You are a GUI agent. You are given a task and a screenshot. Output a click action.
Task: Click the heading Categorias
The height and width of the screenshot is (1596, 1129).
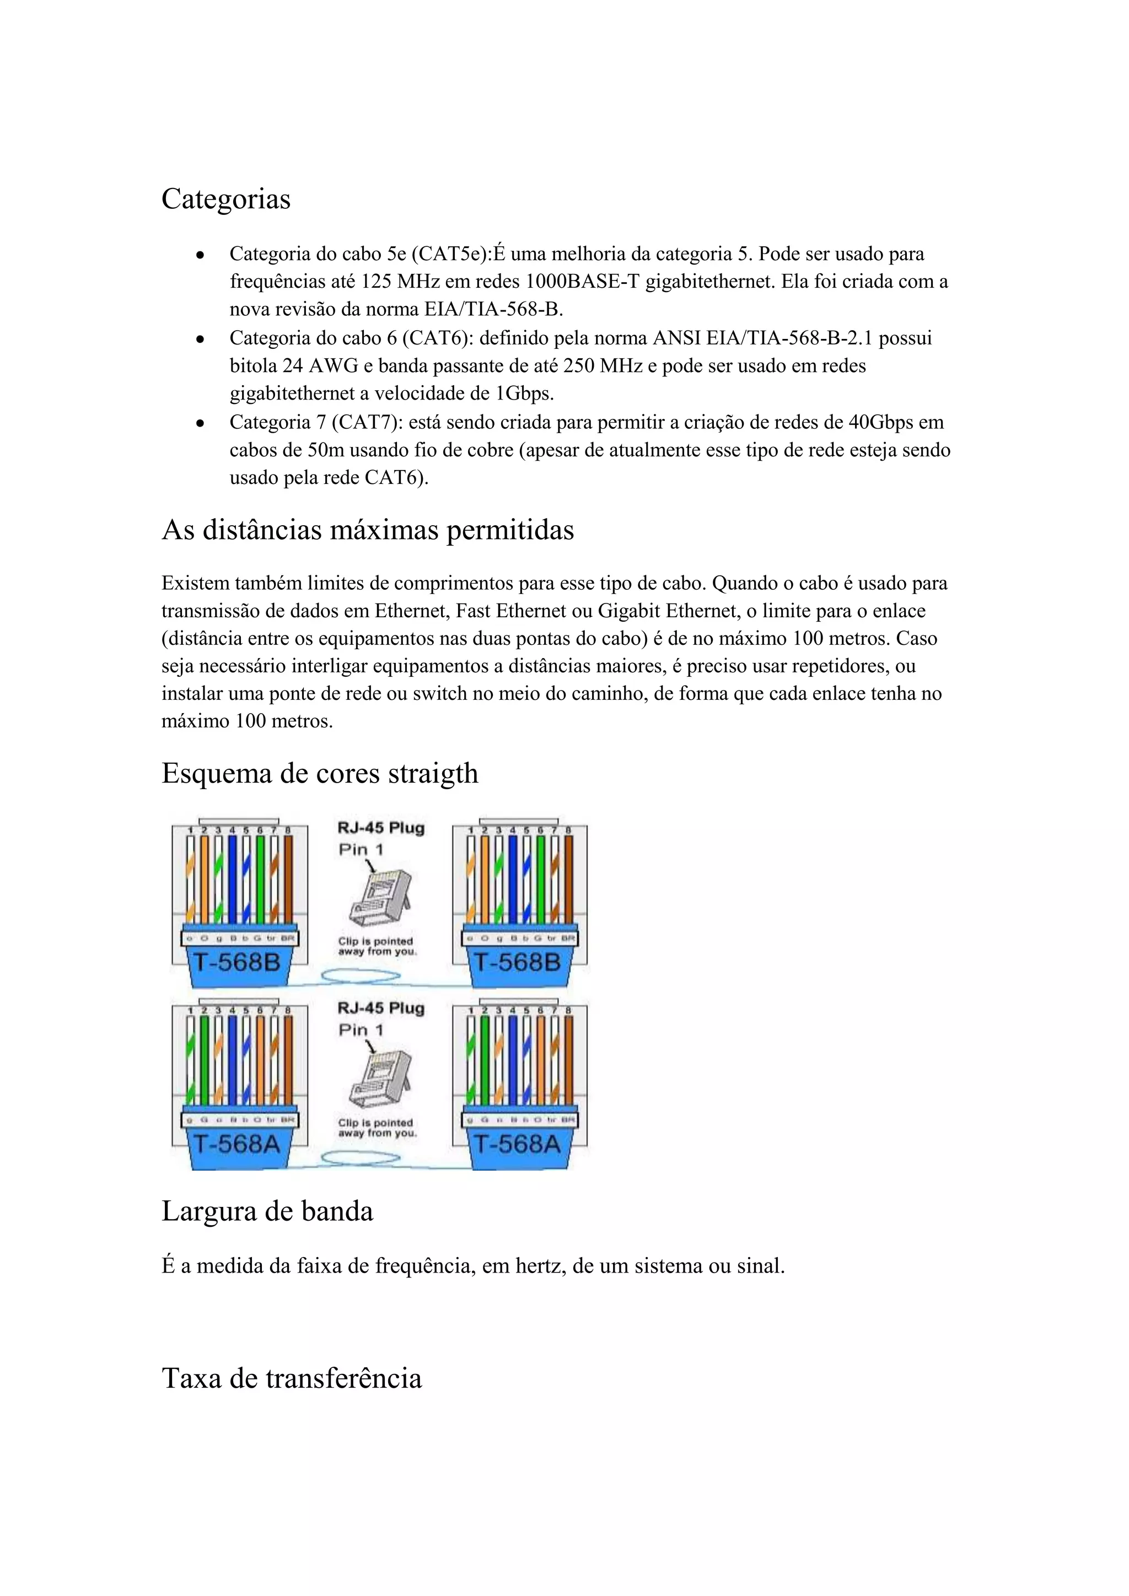[226, 199]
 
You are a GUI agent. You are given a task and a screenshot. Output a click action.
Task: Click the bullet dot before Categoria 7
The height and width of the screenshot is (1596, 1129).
[200, 423]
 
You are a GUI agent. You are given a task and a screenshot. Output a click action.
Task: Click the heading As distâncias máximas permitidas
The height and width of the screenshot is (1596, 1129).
[368, 530]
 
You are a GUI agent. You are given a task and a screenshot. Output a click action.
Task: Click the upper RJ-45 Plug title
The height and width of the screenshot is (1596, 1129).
[381, 828]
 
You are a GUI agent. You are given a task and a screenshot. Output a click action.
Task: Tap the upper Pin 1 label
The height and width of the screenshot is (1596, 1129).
[361, 849]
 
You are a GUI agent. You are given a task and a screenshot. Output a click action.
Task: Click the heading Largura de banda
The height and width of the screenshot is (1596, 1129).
[268, 1211]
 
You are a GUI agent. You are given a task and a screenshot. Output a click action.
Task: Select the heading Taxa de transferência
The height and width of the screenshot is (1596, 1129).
[292, 1378]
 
